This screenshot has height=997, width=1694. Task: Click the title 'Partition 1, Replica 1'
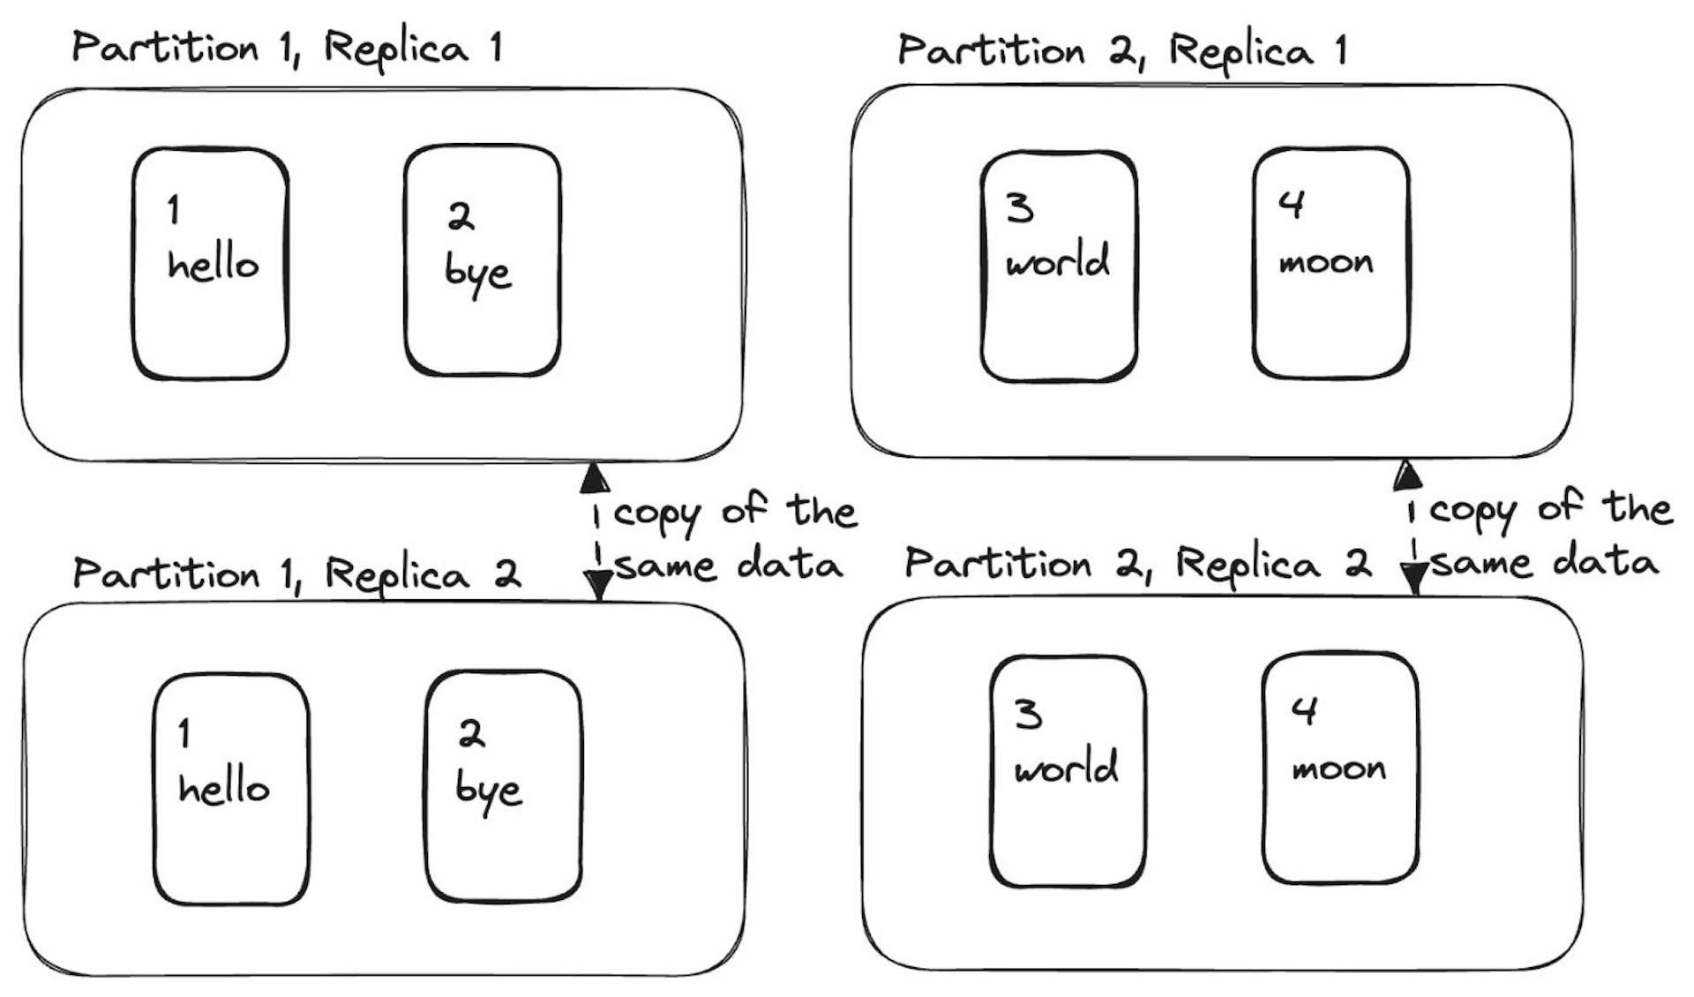pyautogui.click(x=287, y=47)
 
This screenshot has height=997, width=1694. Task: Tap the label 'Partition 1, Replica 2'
pyautogui.click(x=296, y=573)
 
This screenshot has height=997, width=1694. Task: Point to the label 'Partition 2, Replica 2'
pyautogui.click(x=1138, y=563)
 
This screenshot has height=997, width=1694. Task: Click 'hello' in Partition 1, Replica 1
pyautogui.click(x=213, y=264)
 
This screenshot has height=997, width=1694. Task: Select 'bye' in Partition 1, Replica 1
pyautogui.click(x=477, y=273)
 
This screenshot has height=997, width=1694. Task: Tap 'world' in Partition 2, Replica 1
pyautogui.click(x=1057, y=261)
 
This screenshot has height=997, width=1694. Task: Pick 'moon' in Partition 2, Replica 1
pyautogui.click(x=1326, y=262)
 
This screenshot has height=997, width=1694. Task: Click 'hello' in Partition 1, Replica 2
pyautogui.click(x=223, y=787)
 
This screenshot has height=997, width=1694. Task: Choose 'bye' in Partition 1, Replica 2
pyautogui.click(x=488, y=791)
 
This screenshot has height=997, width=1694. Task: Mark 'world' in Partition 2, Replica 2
pyautogui.click(x=1066, y=766)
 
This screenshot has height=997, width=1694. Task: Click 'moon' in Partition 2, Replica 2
pyautogui.click(x=1338, y=768)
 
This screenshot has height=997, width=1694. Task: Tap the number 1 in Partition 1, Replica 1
pyautogui.click(x=174, y=210)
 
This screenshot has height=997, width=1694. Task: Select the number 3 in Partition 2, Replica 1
pyautogui.click(x=1020, y=208)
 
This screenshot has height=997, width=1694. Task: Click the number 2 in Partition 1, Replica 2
pyautogui.click(x=471, y=733)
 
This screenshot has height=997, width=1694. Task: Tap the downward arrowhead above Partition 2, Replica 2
pyautogui.click(x=1414, y=578)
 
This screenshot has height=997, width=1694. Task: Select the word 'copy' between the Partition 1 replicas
pyautogui.click(x=657, y=514)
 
